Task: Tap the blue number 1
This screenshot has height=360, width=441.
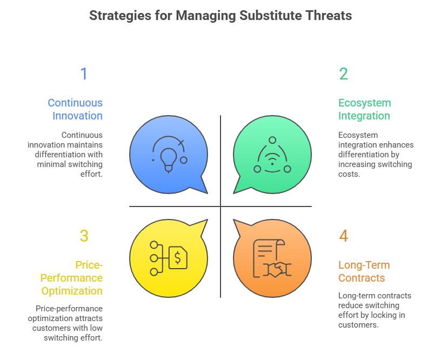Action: coord(84,74)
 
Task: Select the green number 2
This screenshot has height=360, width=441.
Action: coord(344,74)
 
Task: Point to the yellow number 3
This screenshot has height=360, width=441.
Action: coord(84,236)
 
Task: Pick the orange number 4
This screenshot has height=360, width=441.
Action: coord(344,236)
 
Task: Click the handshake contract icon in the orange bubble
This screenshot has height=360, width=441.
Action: coord(272,258)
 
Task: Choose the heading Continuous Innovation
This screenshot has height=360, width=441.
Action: coord(75,109)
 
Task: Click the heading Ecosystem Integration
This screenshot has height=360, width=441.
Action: coord(364,109)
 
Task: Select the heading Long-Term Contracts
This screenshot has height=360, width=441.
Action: coord(364,271)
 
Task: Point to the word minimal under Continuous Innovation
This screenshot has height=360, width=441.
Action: coord(51,164)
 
